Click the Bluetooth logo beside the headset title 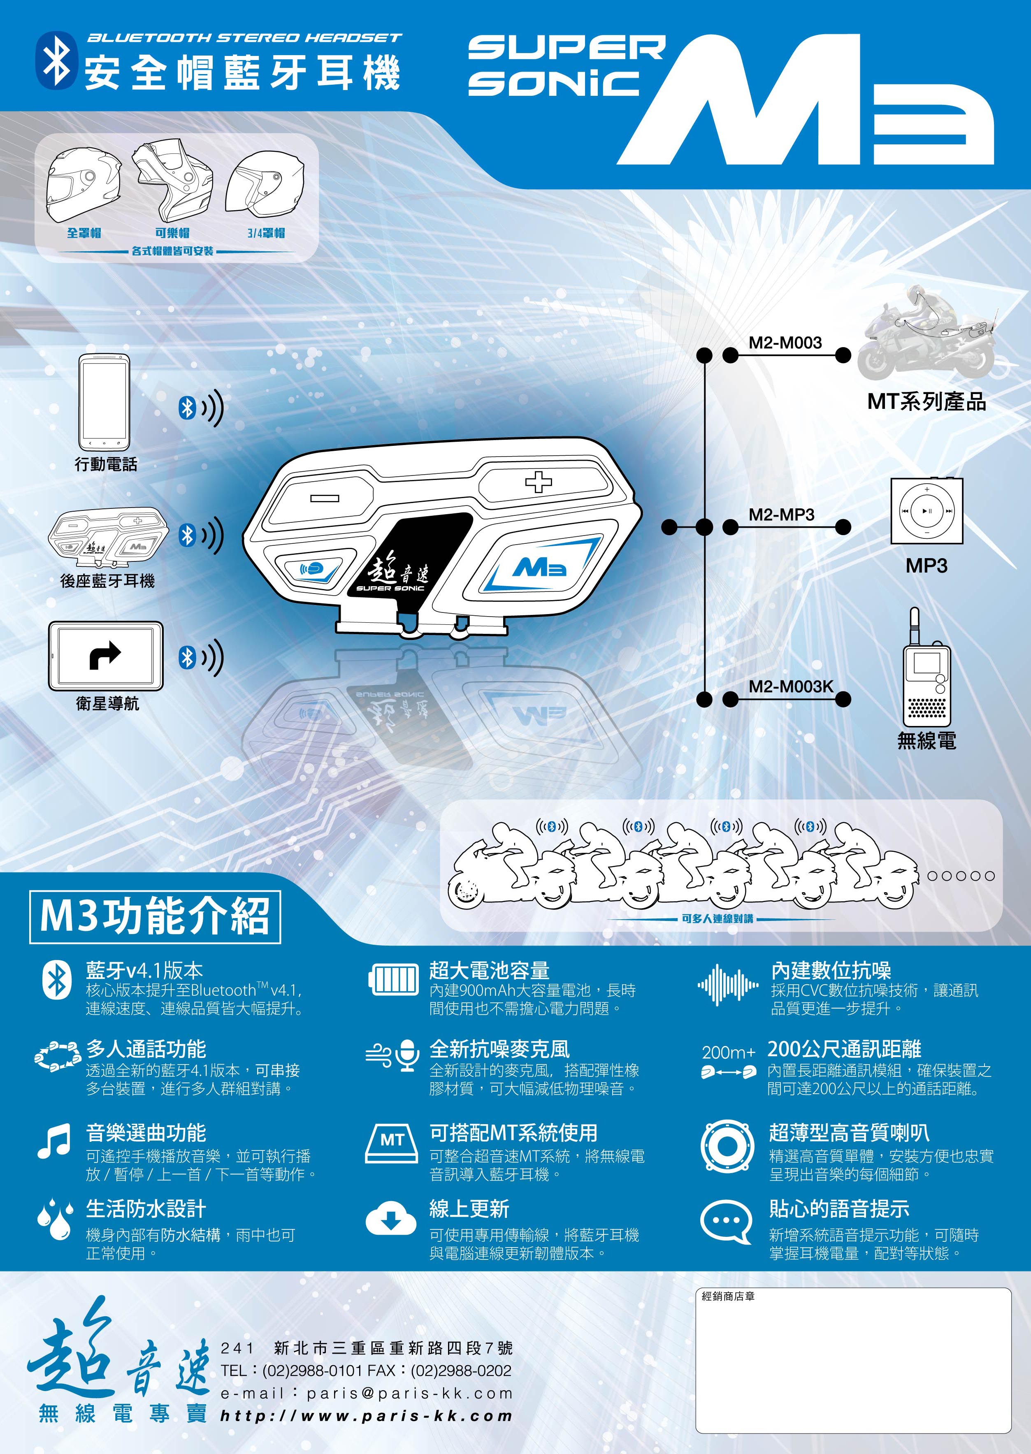[56, 60]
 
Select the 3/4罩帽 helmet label [266, 233]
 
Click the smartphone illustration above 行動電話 [104, 402]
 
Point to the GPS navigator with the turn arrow [105, 656]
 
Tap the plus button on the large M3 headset [539, 482]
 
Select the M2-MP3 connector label [782, 514]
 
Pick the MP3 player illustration [926, 510]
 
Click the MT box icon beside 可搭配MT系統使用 [392, 1142]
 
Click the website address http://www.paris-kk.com [366, 1415]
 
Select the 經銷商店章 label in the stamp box [728, 1296]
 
